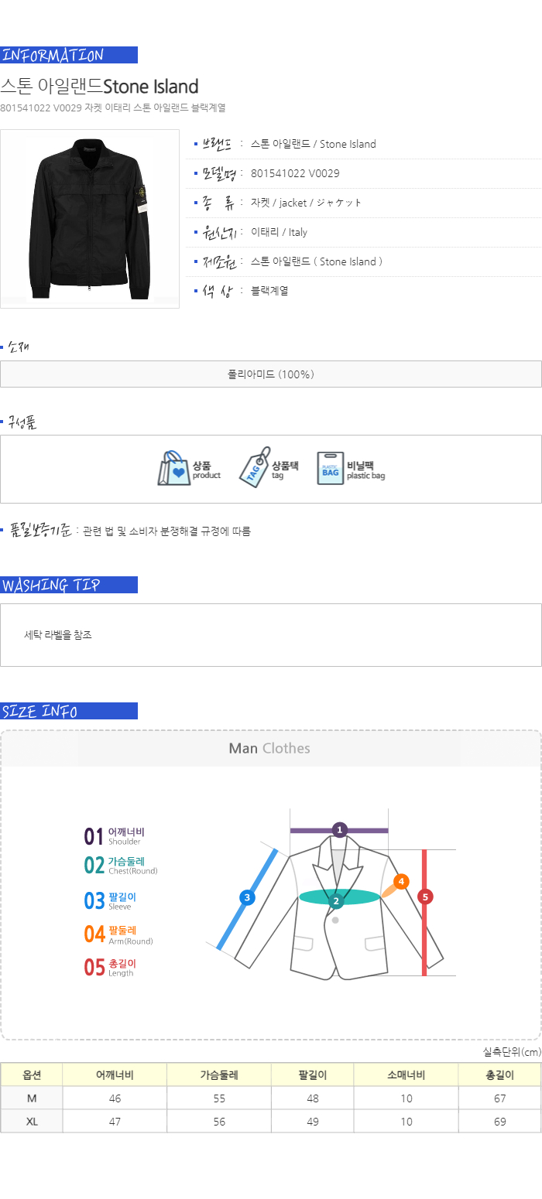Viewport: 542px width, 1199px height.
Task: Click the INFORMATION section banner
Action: (x=69, y=55)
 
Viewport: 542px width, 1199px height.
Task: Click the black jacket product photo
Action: (x=90, y=218)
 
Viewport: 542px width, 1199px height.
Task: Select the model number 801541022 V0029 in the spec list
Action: (x=295, y=173)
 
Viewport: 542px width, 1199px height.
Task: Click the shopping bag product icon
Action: (x=173, y=468)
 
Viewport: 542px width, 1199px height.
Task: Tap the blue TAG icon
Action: (x=255, y=467)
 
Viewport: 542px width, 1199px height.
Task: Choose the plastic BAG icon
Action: (x=330, y=468)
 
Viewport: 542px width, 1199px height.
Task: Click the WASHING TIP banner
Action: (x=69, y=585)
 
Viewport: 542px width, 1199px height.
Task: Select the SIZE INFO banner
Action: (x=69, y=711)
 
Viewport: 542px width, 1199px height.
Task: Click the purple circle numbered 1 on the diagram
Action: (x=340, y=830)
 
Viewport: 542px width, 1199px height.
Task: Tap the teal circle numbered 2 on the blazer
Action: (x=336, y=901)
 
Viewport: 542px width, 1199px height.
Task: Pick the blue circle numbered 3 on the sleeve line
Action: (x=247, y=897)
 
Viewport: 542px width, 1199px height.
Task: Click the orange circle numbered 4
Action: (x=401, y=881)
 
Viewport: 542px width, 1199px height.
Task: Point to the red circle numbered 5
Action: (x=425, y=897)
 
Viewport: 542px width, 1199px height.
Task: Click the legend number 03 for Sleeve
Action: (x=94, y=900)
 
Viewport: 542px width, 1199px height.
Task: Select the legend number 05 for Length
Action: (x=94, y=967)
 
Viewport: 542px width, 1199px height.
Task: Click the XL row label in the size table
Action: (x=33, y=1122)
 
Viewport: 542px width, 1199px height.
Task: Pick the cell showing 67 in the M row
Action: (x=499, y=1098)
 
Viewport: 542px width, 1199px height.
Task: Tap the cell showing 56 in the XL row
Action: (x=219, y=1122)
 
